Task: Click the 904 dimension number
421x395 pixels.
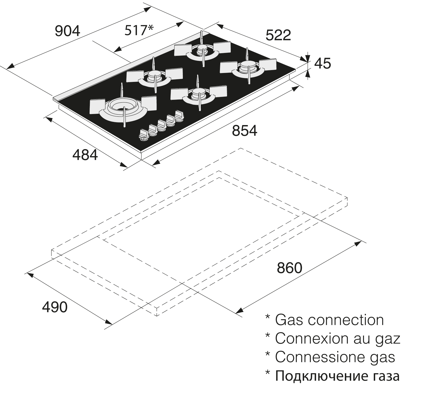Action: pos(67,31)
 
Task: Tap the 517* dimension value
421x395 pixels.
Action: pos(139,30)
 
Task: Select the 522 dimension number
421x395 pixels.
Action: pos(278,35)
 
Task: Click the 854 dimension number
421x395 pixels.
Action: pos(244,131)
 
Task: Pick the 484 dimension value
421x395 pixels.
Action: pos(85,155)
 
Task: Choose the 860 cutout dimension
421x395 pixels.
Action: pos(290,268)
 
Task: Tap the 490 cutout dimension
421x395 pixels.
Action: pos(55,307)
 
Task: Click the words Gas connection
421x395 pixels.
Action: pos(329,320)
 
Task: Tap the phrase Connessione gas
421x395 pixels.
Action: pos(335,357)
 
